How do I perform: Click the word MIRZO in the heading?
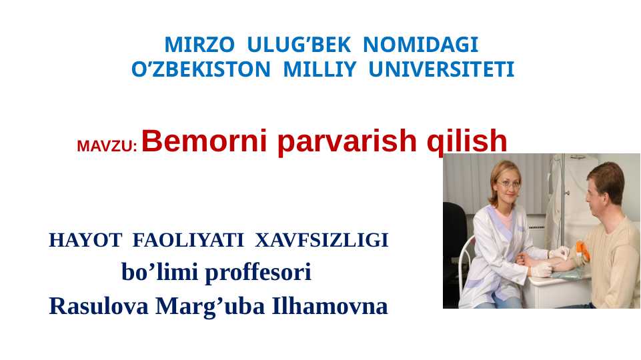point(199,45)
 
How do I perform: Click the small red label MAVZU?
point(107,147)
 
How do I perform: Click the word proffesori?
point(257,273)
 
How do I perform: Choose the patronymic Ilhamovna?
point(330,306)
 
